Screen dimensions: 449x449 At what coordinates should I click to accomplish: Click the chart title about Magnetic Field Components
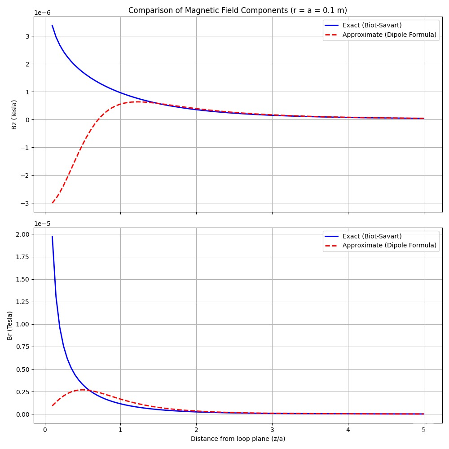(238, 10)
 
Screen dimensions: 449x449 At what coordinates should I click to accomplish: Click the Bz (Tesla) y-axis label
(14, 114)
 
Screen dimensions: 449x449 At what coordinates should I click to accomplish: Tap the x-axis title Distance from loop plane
(238, 439)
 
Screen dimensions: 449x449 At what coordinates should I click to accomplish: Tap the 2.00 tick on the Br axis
(22, 234)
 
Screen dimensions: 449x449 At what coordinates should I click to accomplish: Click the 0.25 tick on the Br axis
(22, 392)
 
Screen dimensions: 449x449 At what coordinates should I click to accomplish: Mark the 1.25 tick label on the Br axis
(22, 302)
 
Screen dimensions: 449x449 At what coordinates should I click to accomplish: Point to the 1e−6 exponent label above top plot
(43, 13)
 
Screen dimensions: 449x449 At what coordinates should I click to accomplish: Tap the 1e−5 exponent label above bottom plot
(43, 224)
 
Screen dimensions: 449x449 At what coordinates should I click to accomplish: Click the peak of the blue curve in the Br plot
(52, 237)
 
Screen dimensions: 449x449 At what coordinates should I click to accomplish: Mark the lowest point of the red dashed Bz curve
(52, 203)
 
